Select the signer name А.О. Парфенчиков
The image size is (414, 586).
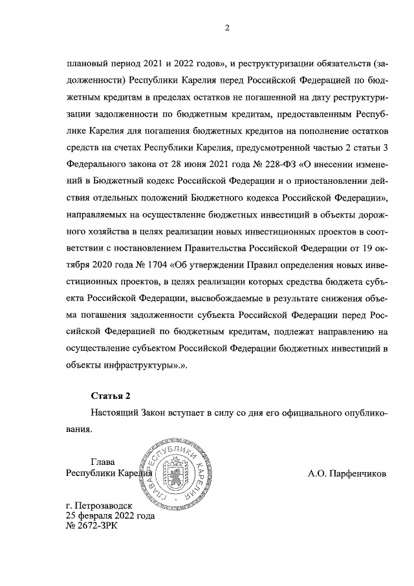[x=347, y=473]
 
